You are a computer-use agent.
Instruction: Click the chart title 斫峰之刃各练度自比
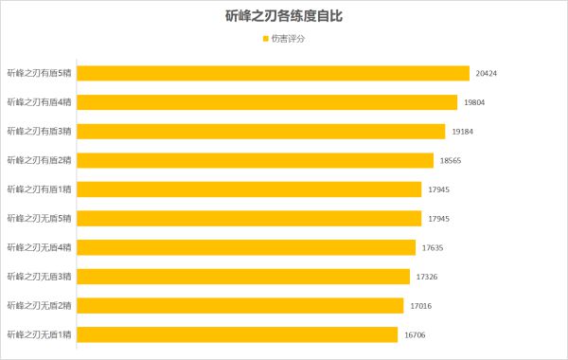click(x=284, y=16)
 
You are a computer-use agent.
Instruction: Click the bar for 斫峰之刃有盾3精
click(x=261, y=132)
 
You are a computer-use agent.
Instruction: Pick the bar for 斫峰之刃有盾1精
click(x=250, y=189)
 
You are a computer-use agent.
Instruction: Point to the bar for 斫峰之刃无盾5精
click(x=250, y=219)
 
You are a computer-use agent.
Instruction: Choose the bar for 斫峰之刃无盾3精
click(x=244, y=277)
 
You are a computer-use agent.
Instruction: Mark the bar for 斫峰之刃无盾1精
click(x=239, y=334)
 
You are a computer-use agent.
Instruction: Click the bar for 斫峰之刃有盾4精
click(x=268, y=102)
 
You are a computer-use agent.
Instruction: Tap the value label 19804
click(x=475, y=102)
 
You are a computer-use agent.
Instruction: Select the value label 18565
click(x=452, y=161)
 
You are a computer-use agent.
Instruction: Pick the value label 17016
click(x=421, y=306)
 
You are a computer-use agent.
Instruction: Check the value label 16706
click(x=416, y=334)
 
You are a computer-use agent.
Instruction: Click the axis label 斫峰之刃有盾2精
click(x=39, y=161)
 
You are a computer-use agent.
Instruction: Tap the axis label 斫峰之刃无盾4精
click(x=39, y=247)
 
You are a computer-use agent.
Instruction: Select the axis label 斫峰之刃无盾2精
click(x=39, y=306)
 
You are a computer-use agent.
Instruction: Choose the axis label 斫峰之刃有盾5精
click(x=39, y=73)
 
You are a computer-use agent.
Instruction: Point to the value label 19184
click(x=463, y=132)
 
